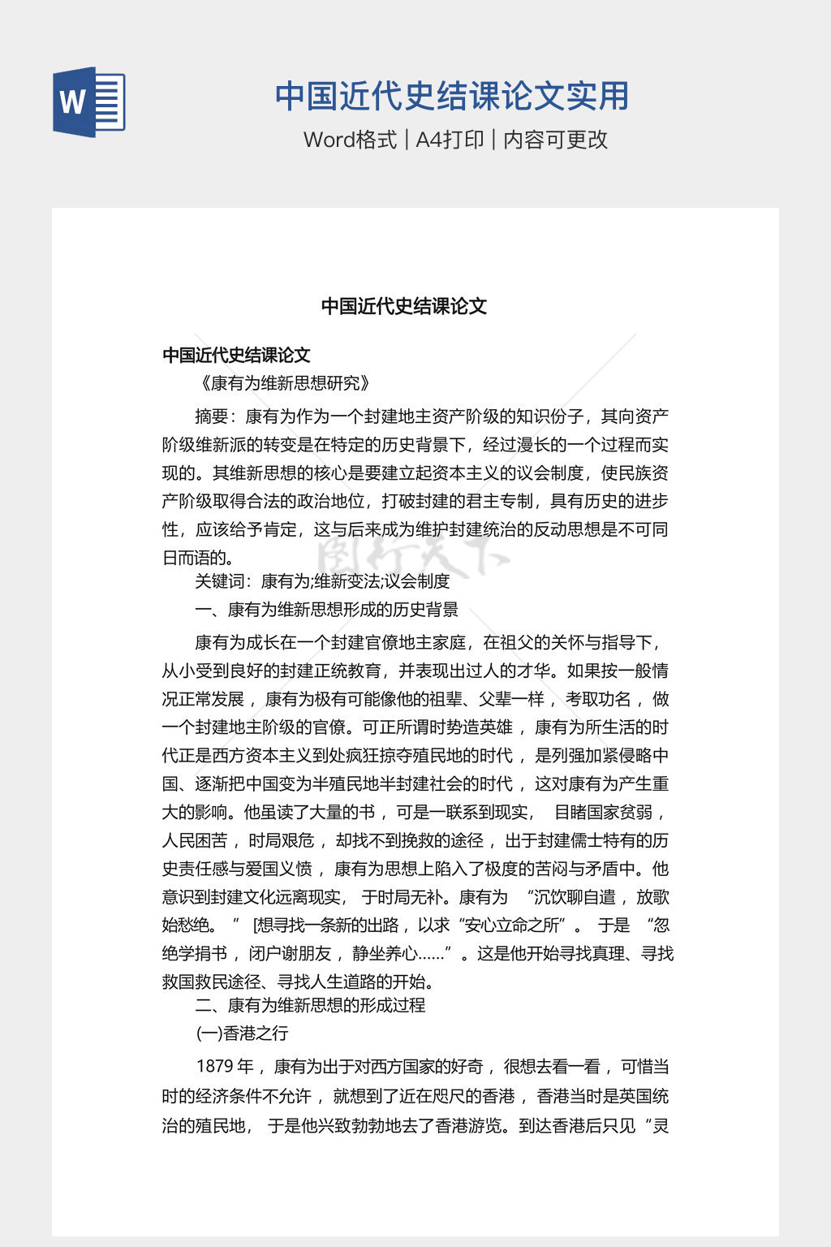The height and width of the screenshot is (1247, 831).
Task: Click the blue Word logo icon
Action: click(x=89, y=102)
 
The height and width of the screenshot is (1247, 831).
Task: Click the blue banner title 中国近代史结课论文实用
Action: click(x=452, y=96)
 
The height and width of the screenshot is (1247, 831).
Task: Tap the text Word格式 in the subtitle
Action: click(x=350, y=140)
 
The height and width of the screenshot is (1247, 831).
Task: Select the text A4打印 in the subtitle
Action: click(x=450, y=140)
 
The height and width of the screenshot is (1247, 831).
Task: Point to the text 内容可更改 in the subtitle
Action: click(x=556, y=140)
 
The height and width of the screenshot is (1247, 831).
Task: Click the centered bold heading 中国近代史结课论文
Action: click(x=404, y=306)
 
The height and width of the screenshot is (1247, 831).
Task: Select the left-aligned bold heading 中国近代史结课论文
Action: click(x=236, y=355)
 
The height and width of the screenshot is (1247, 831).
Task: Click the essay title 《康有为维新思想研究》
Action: click(x=283, y=383)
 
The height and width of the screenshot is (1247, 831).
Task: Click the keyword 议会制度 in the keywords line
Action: click(x=417, y=581)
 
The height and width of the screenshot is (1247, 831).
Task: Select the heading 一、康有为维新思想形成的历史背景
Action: click(x=326, y=610)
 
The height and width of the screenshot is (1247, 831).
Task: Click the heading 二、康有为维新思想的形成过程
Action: click(x=310, y=1005)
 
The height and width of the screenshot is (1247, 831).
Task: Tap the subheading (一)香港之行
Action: click(x=242, y=1033)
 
